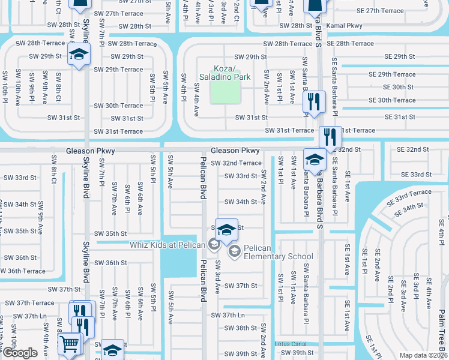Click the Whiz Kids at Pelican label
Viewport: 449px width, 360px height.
pos(167,244)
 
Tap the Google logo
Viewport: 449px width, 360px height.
pos(20,353)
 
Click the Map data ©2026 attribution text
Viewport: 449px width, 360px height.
pos(423,355)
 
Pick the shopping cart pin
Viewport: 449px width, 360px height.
pos(69,344)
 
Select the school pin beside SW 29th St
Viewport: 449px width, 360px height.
pos(77,56)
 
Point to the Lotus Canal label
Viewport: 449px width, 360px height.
pos(291,344)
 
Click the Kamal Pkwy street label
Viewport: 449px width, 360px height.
pos(346,26)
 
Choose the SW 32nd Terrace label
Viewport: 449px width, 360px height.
pos(236,163)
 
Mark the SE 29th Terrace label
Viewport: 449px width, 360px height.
pos(393,74)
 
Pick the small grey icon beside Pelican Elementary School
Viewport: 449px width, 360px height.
pos(234,250)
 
